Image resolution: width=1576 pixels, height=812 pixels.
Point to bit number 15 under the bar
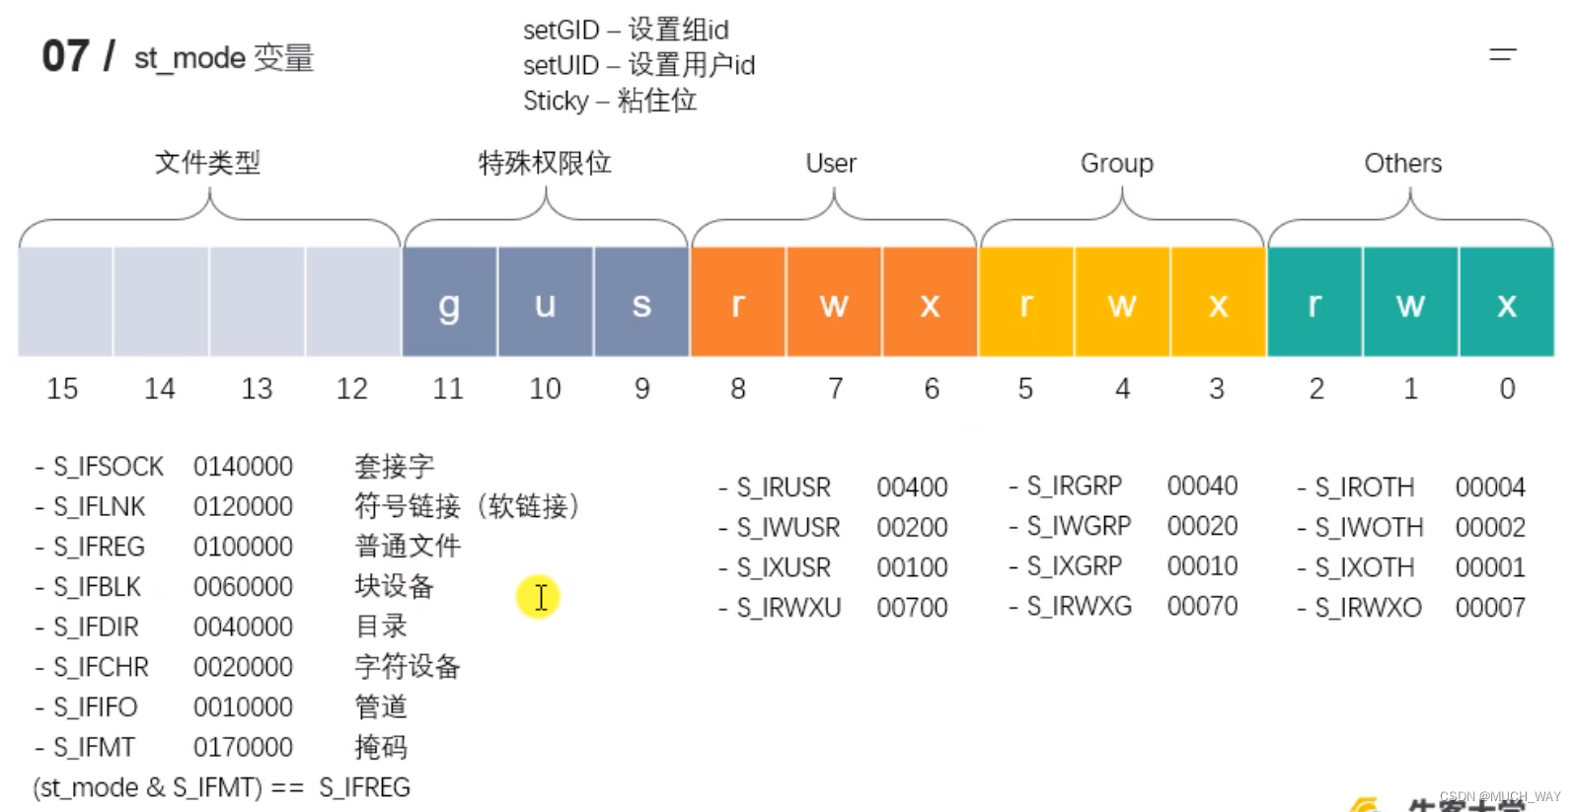[62, 389]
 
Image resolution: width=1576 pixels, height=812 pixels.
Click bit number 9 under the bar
[642, 389]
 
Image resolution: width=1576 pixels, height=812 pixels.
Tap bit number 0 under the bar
[1507, 389]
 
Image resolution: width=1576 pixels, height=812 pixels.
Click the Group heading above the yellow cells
[1116, 163]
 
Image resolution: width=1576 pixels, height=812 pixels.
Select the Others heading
[1402, 163]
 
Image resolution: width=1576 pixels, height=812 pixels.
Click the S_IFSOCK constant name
[109, 466]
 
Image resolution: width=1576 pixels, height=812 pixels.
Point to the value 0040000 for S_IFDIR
[243, 627]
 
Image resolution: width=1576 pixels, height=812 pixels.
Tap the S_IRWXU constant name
[788, 608]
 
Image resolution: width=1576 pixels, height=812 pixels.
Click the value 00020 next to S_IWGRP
[1202, 526]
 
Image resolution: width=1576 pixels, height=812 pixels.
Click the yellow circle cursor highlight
[538, 596]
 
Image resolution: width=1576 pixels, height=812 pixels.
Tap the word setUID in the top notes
[561, 65]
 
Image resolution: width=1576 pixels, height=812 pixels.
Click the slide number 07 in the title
[65, 56]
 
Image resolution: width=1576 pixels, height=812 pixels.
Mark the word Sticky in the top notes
[556, 101]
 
